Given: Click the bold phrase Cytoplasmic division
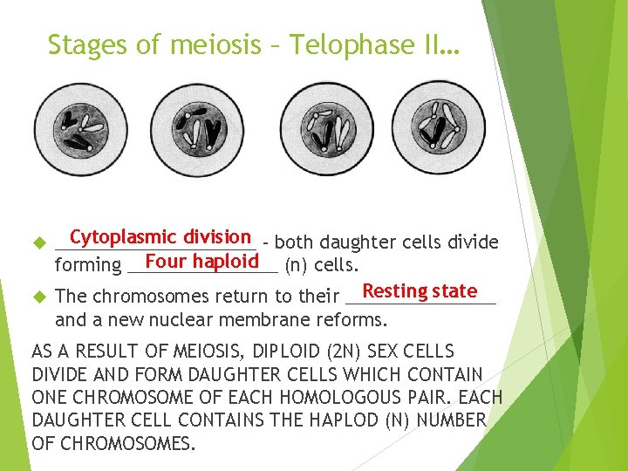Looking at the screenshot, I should tap(160, 236).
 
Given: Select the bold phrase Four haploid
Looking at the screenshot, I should tap(201, 262).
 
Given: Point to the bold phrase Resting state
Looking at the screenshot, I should tap(420, 291).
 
